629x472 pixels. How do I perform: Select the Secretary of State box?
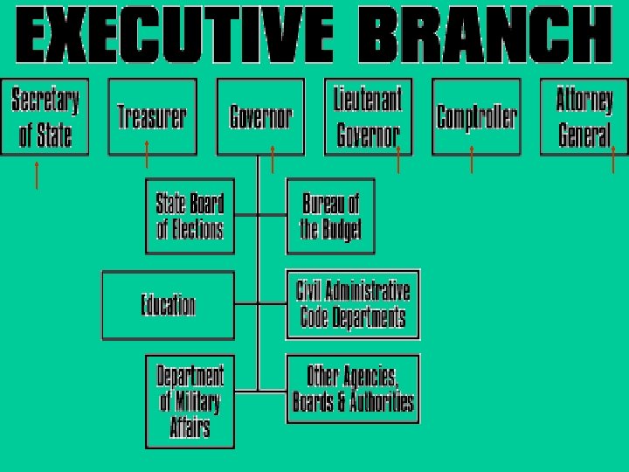coord(45,116)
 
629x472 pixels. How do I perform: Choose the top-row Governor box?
coord(260,116)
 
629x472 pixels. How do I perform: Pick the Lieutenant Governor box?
coord(368,116)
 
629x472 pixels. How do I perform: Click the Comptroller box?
coord(476,116)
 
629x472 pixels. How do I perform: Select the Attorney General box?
coord(584,116)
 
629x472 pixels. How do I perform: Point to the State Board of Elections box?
coord(190,216)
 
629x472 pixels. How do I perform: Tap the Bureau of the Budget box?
coord(330,216)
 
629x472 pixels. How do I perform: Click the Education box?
coord(169,305)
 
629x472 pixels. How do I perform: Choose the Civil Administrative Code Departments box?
coord(353,303)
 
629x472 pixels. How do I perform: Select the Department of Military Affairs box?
coord(190,401)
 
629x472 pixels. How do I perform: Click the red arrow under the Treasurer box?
coord(147,155)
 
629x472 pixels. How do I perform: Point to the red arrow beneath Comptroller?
coord(472,160)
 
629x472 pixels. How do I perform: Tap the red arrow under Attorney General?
coord(613,160)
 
